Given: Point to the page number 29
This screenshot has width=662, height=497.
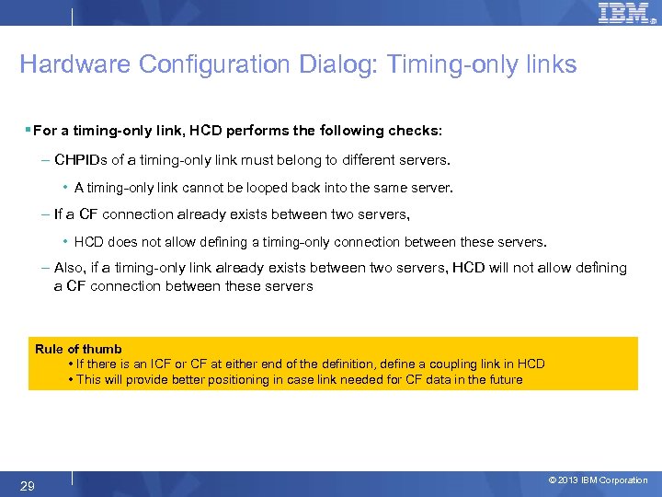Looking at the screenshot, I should [28, 486].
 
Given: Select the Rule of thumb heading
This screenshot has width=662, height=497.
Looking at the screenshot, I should [78, 349].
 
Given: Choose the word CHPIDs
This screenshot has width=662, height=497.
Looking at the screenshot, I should [81, 159].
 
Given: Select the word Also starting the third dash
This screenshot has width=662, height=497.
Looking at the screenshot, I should [69, 268].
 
